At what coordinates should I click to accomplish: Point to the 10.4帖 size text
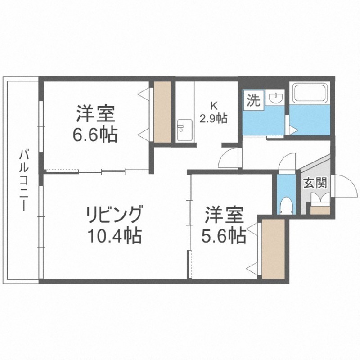click(x=114, y=235)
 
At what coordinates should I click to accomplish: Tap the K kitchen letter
click(x=215, y=106)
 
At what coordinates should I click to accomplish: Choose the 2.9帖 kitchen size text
click(x=214, y=119)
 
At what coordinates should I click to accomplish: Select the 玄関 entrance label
click(x=315, y=184)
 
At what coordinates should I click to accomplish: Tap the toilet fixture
click(x=285, y=206)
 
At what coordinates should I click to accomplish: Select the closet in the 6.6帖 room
click(x=162, y=112)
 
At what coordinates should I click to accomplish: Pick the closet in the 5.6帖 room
click(x=274, y=248)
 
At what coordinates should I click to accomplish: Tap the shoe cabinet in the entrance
click(x=320, y=210)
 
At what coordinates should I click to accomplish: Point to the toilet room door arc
click(x=286, y=162)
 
